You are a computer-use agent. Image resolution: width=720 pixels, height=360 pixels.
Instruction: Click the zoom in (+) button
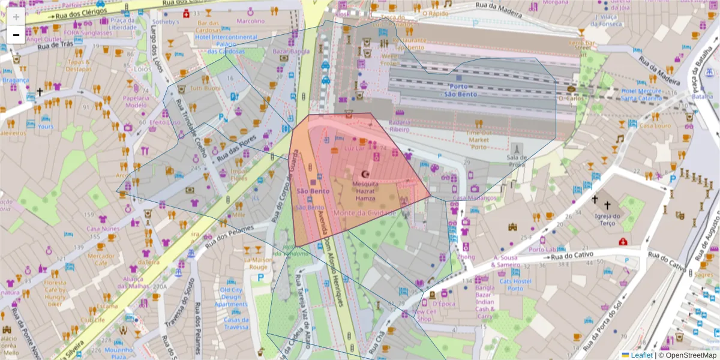16,17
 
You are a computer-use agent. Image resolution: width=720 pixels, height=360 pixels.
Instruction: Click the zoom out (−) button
16,35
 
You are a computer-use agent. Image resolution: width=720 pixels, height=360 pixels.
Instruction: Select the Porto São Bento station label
460,90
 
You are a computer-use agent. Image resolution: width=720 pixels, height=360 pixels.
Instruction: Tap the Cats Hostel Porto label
515,284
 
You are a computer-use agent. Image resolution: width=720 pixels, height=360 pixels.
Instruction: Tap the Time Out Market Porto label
478,140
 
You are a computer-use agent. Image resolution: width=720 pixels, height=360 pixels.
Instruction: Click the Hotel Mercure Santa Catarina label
641,95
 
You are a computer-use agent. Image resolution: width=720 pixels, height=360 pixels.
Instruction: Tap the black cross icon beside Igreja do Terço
595,199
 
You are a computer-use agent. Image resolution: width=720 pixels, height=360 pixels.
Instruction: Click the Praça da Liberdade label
123,23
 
